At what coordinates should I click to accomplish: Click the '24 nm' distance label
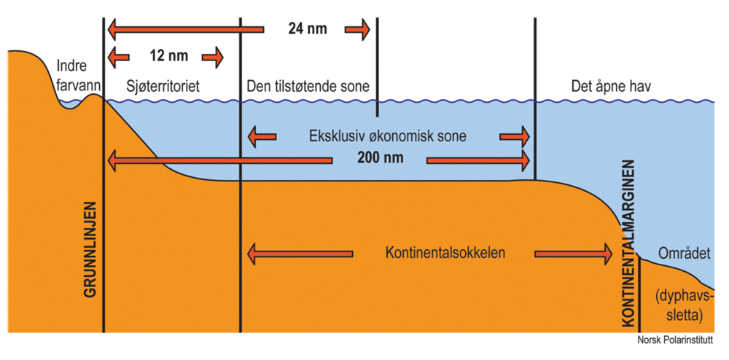click(x=307, y=30)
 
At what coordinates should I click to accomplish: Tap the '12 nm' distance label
click(x=165, y=56)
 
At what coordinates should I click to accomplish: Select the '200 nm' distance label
click(x=380, y=157)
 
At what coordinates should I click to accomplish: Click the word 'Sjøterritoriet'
click(x=163, y=87)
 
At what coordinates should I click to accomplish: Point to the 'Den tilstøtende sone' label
click(x=308, y=87)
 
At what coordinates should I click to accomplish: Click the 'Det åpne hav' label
click(x=611, y=87)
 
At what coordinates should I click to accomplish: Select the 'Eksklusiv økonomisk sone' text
click(x=387, y=136)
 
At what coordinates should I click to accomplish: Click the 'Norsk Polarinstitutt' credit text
click(x=675, y=340)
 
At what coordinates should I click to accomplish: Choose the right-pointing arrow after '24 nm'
click(x=356, y=30)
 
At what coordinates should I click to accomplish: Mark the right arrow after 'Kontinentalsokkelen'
click(x=573, y=254)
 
